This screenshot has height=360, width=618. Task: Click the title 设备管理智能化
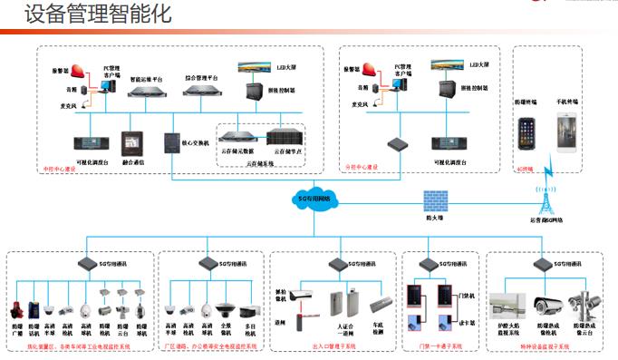click(x=85, y=15)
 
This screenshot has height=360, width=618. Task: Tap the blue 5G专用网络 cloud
click(x=316, y=199)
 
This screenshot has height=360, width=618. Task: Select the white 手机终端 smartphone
click(x=569, y=132)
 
